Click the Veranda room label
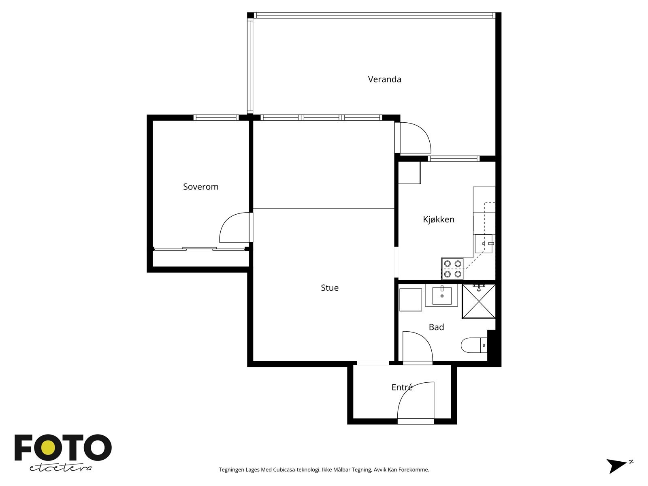tap(384, 79)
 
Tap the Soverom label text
tap(201, 186)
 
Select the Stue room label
tap(330, 288)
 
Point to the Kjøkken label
tap(438, 220)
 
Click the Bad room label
tap(436, 327)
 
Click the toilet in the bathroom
tap(474, 345)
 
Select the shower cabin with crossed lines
tap(479, 301)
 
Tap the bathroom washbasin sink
tap(441, 295)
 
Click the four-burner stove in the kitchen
tap(452, 269)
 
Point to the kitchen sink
tap(484, 244)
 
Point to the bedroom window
tap(216, 117)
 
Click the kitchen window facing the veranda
tap(454, 159)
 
